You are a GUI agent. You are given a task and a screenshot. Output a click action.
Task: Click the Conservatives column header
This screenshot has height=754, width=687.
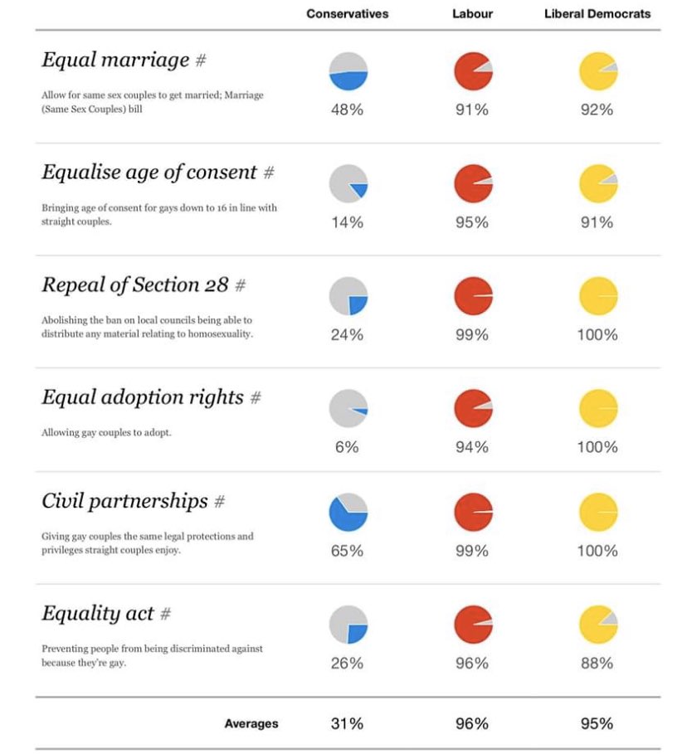347,14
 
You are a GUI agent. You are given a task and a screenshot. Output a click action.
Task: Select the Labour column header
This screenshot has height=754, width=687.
472,14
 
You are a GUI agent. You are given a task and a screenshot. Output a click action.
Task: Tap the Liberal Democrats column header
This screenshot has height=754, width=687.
597,14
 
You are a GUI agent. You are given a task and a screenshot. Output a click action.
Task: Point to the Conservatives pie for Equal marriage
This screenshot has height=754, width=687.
348,71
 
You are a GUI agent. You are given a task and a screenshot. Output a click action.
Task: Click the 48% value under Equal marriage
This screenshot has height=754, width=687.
347,110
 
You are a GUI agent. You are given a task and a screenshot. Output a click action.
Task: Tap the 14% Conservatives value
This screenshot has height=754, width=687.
347,222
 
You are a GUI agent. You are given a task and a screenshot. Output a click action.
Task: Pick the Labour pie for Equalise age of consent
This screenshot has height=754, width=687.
473,184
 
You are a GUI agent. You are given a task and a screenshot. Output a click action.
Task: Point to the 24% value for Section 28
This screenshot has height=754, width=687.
347,335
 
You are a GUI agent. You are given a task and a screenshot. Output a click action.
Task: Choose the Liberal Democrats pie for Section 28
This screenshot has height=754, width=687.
597,296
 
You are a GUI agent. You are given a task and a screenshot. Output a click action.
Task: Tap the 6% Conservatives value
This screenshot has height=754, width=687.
347,447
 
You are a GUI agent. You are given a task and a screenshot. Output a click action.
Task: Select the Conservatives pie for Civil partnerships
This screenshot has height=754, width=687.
348,512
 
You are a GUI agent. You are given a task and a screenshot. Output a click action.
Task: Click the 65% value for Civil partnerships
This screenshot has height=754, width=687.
347,551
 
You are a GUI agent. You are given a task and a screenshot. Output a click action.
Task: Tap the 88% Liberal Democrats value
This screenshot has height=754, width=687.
597,663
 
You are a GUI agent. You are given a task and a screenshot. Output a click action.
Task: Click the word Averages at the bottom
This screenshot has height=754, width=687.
251,724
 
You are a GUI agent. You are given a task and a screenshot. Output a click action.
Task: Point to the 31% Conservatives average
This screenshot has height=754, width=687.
347,723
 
